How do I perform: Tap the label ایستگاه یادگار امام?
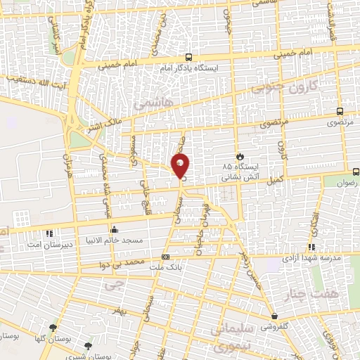tap(188, 67)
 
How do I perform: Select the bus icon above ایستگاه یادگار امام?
tap(188, 57)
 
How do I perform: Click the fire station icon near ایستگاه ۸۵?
tap(240, 156)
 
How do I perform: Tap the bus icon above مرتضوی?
tap(340, 111)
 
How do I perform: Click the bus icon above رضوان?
tap(356, 171)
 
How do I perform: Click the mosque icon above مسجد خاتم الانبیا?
tap(114, 229)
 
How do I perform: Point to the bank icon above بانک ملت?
tap(165, 257)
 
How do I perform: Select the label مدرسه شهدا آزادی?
tap(312, 258)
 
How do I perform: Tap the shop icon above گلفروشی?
tap(274, 317)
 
